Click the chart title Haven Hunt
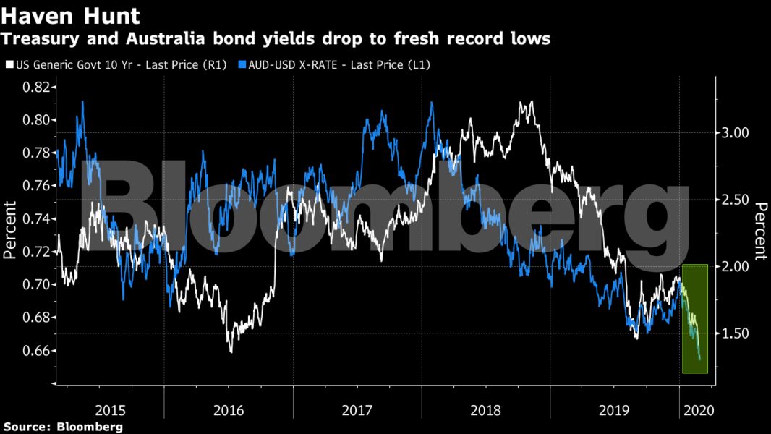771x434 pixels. [x=64, y=14]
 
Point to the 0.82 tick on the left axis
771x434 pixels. [x=38, y=88]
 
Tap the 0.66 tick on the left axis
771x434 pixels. [x=38, y=351]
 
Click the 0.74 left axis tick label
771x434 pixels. [x=38, y=219]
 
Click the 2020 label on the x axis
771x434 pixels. [x=698, y=410]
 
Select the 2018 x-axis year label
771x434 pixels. [x=485, y=410]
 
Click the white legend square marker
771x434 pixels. [x=8, y=64]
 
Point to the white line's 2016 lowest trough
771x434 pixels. [x=231, y=352]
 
